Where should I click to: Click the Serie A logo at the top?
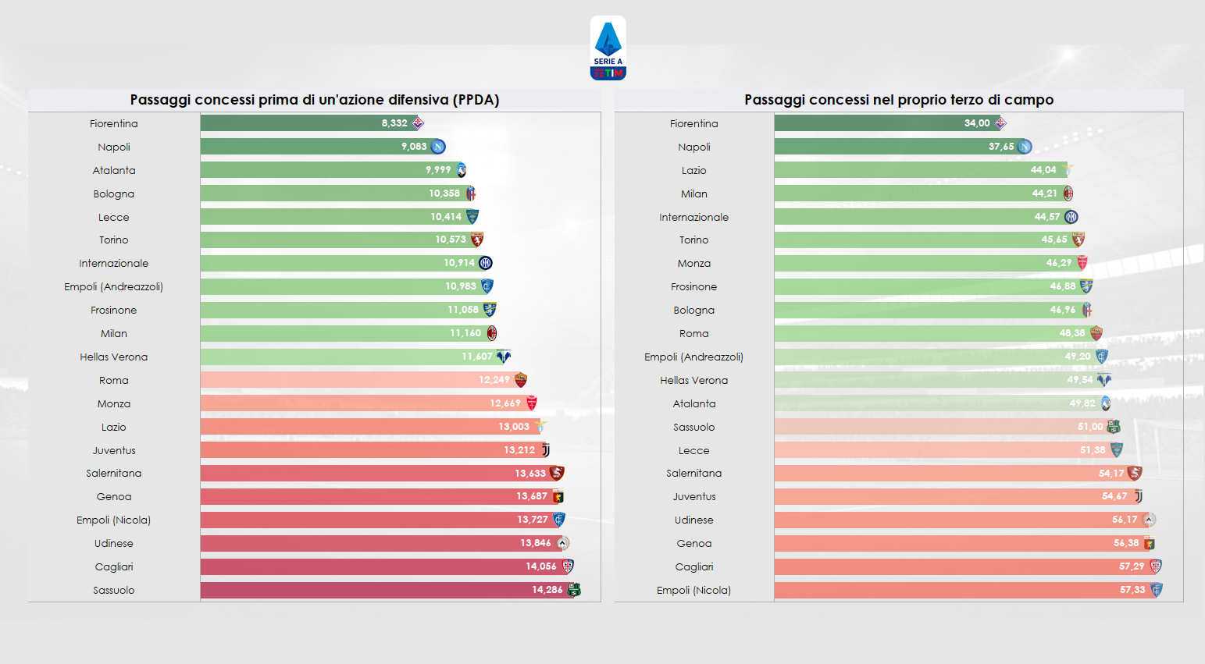click(x=608, y=48)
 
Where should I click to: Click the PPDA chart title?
click(x=314, y=100)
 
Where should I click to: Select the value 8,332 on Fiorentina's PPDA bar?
click(x=394, y=123)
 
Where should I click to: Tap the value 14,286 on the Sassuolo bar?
click(x=547, y=590)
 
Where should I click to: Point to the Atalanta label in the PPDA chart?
click(x=114, y=170)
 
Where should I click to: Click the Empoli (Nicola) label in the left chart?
click(x=114, y=520)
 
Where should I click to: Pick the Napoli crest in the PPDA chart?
click(x=438, y=147)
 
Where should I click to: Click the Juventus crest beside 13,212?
click(x=546, y=450)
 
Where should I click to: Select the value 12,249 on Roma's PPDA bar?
click(x=494, y=380)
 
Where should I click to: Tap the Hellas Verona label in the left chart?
click(x=114, y=357)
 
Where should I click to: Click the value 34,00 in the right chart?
click(x=976, y=123)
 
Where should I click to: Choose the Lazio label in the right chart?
click(x=693, y=170)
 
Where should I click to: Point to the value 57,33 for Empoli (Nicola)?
click(x=1132, y=590)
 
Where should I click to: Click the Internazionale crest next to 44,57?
click(x=1071, y=217)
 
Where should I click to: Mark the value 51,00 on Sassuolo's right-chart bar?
click(x=1090, y=427)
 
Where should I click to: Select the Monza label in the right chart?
click(x=693, y=264)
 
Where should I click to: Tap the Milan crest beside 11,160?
click(x=492, y=333)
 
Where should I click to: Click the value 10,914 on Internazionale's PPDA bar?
click(x=459, y=263)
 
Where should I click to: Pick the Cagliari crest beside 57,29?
click(x=1156, y=566)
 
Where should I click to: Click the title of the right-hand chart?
click(x=899, y=100)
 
